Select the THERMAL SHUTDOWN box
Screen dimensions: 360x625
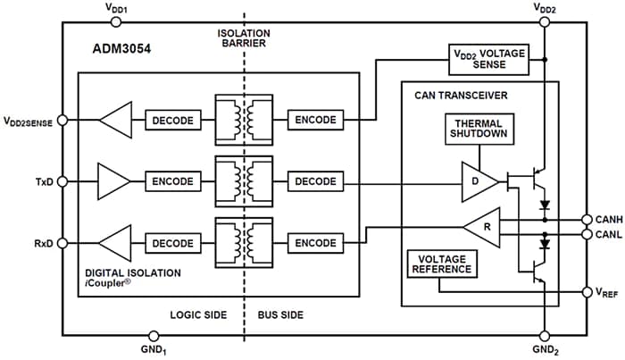coord(480,130)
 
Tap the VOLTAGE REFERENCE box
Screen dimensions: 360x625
coord(439,264)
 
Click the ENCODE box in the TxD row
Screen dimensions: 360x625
coord(172,181)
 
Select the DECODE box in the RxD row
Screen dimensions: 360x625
coord(172,243)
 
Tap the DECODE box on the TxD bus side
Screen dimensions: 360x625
coord(315,181)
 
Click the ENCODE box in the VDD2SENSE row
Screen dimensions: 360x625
coord(315,120)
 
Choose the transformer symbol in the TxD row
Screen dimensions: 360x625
coord(243,181)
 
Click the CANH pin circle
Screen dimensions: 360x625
coord(587,219)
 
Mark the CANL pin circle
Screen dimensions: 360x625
coord(587,235)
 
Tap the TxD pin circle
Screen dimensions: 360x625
coord(62,181)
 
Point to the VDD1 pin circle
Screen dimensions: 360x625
coord(117,19)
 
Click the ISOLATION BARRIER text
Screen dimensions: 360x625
coord(243,38)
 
